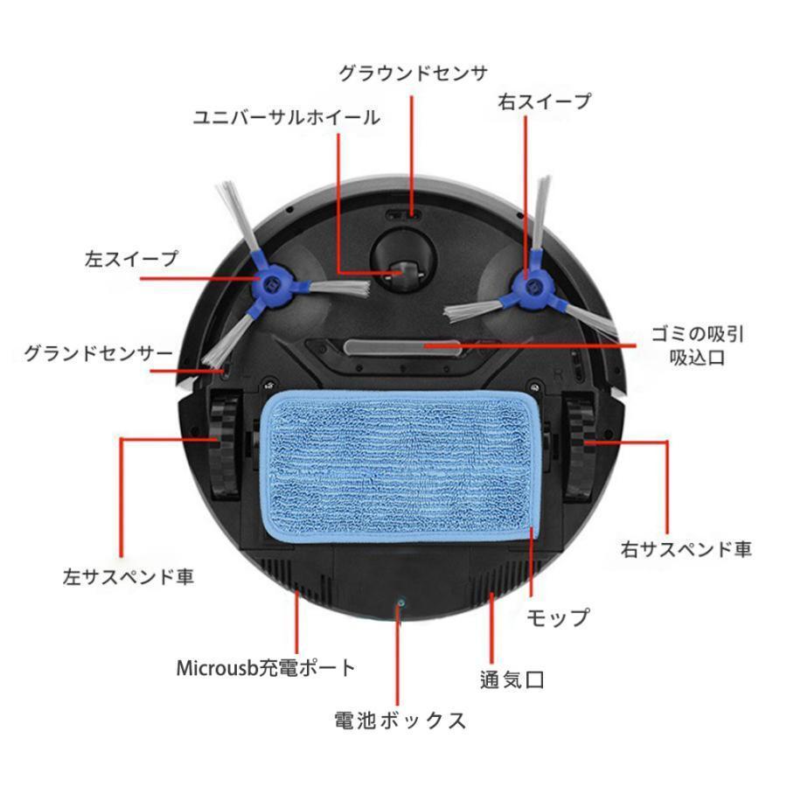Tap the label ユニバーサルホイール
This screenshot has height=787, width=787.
tap(287, 117)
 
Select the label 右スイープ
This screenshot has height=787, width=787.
tap(544, 101)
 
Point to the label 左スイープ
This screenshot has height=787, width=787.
tap(131, 259)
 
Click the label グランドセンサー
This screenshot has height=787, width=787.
tap(98, 354)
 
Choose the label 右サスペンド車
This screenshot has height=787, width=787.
tap(686, 549)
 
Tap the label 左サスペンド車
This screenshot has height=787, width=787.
tap(129, 577)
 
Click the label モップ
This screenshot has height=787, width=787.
tap(557, 618)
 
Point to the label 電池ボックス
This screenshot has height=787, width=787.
tap(400, 721)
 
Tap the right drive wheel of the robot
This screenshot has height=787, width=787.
tap(579, 446)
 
